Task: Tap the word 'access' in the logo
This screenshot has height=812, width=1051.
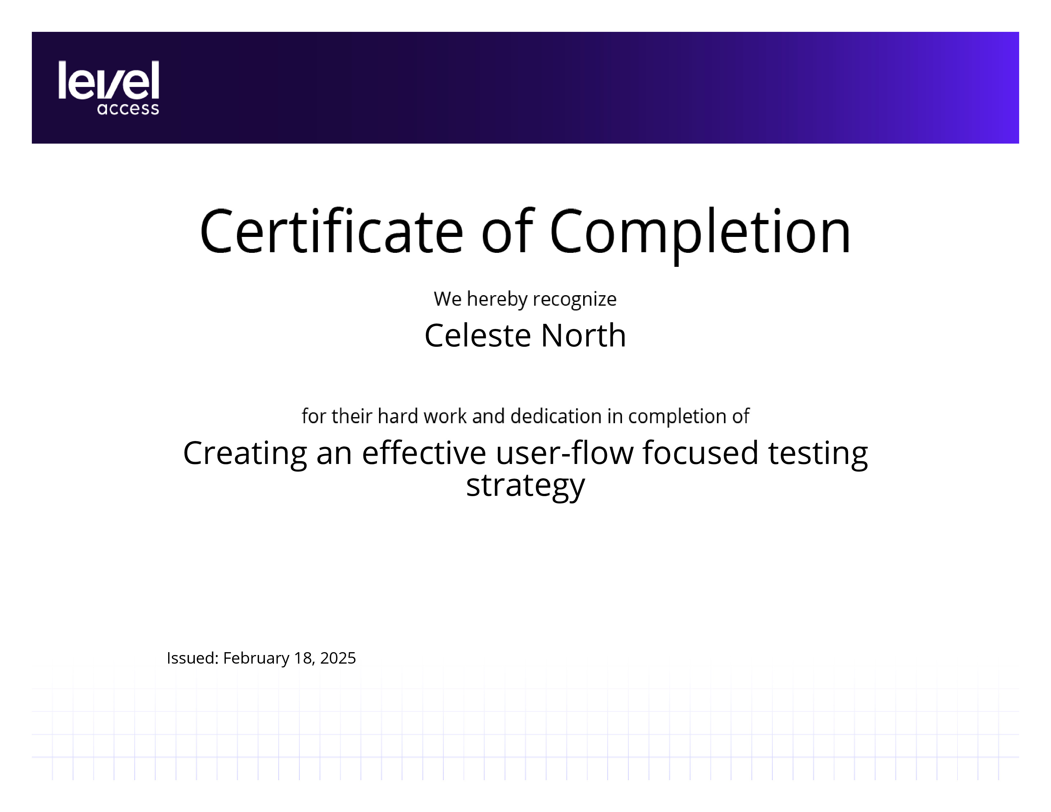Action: point(128,109)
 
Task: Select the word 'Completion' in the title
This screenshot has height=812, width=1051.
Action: point(700,236)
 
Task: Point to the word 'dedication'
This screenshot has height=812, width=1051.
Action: point(556,416)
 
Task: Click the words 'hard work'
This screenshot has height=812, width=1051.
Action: point(422,416)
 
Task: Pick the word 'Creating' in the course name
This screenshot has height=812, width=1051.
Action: point(245,454)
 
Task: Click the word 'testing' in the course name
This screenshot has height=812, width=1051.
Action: point(818,454)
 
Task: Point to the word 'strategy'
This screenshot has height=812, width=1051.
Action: point(525,486)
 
